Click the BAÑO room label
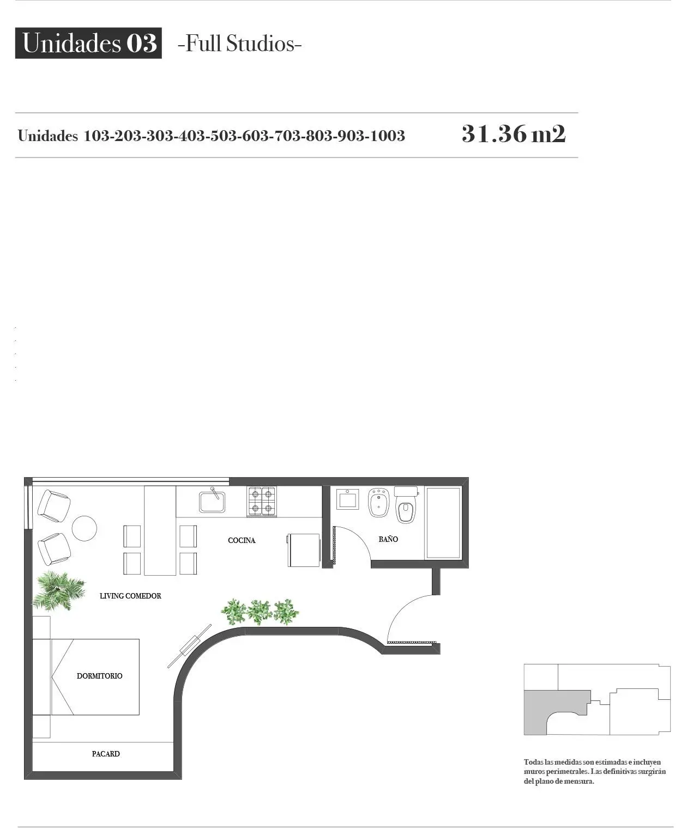(388, 539)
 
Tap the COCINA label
(242, 540)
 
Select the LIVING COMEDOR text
(130, 596)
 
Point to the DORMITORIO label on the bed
(99, 676)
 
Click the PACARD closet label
(106, 754)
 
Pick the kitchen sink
(212, 500)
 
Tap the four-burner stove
(262, 501)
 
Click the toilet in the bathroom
(406, 504)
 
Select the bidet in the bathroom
(378, 502)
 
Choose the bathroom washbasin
(348, 499)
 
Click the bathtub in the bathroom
(443, 523)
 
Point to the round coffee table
(85, 528)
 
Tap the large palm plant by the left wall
(58, 590)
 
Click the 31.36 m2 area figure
(514, 134)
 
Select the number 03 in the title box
(141, 43)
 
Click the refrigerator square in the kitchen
(304, 550)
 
